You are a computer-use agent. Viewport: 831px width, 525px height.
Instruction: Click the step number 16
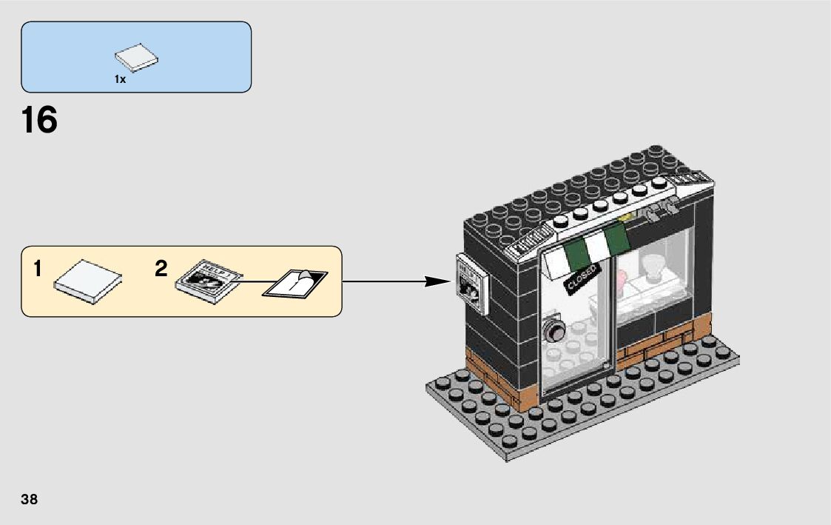pyautogui.click(x=40, y=120)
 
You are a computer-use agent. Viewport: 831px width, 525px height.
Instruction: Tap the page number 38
pyautogui.click(x=30, y=499)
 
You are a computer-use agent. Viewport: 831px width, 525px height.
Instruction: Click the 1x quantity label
pyautogui.click(x=120, y=79)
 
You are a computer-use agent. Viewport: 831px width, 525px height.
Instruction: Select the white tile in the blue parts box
pyautogui.click(x=136, y=59)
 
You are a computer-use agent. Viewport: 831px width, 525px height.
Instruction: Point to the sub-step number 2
pyautogui.click(x=161, y=270)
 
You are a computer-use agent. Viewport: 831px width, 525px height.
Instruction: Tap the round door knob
pyautogui.click(x=553, y=332)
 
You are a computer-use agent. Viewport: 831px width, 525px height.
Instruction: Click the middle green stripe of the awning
pyautogui.click(x=593, y=250)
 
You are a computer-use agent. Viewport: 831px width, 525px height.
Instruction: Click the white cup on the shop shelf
pyautogui.click(x=653, y=265)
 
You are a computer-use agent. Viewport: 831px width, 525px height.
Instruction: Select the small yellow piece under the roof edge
pyautogui.click(x=630, y=217)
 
